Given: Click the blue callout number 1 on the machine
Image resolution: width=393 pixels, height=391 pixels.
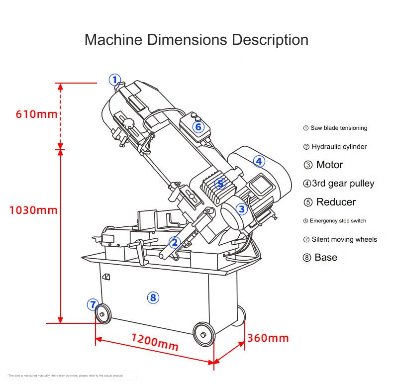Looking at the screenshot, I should tap(115, 80).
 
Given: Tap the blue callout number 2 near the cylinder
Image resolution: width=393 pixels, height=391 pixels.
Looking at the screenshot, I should tap(174, 242).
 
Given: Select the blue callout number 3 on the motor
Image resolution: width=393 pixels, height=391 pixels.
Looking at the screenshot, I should tap(242, 209).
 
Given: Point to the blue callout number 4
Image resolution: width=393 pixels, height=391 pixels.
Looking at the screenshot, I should tap(259, 161).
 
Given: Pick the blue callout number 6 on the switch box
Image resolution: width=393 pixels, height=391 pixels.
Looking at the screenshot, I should tap(198, 127).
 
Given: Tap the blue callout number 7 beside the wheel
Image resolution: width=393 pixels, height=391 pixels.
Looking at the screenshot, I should tap(92, 304).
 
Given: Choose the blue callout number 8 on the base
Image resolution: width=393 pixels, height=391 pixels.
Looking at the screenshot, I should tap(153, 297).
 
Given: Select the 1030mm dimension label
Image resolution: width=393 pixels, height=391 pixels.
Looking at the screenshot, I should tap(34, 209).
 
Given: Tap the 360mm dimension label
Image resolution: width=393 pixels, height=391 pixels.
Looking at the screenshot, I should tap(268, 338).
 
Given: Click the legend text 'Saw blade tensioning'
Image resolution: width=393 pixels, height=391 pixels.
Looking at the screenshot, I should tap(338, 128).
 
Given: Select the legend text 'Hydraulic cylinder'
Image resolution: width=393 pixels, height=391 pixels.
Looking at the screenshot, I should tap(339, 147).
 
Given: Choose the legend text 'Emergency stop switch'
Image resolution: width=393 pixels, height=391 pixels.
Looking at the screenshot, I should tap(338, 221).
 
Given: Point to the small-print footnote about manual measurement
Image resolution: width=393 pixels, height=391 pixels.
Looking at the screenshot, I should tap(65, 375).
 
